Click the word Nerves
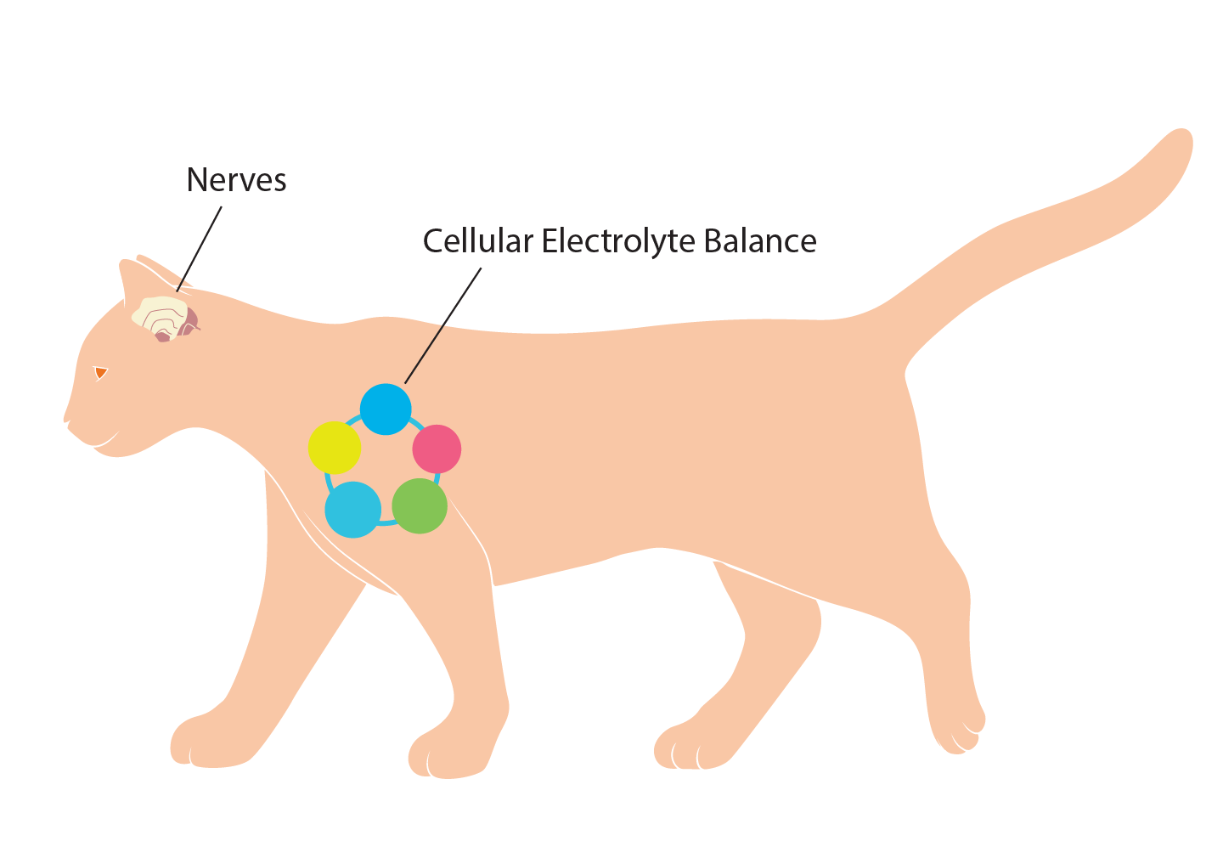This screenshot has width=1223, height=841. click(236, 180)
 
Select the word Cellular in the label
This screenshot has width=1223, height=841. click(477, 241)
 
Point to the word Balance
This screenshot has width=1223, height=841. click(760, 241)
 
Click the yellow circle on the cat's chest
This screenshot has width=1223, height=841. click(335, 448)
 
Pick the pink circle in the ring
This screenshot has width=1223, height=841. click(437, 449)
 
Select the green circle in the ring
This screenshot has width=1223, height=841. click(420, 505)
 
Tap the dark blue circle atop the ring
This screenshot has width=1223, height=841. click(386, 409)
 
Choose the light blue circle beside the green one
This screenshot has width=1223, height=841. click(352, 510)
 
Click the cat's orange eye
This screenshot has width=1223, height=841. click(100, 373)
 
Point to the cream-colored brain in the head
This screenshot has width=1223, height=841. click(159, 317)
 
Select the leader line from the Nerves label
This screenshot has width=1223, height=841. click(200, 249)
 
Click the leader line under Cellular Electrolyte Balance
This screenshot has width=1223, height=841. click(442, 325)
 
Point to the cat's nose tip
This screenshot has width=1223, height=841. click(66, 420)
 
